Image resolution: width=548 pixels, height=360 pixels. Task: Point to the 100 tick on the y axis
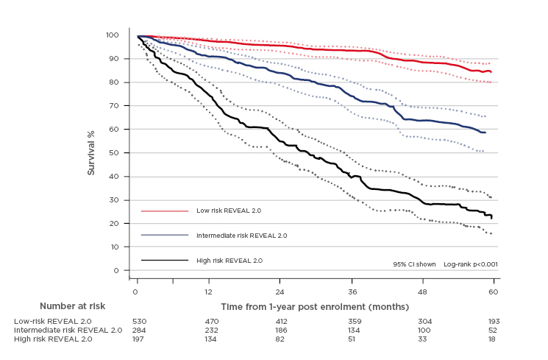click(113, 35)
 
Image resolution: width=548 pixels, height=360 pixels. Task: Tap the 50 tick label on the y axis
click(115, 152)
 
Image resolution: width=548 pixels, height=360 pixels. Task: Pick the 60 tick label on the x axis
click(494, 292)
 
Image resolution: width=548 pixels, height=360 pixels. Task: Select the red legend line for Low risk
click(165, 211)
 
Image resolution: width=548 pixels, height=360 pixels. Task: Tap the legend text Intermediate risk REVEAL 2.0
click(241, 236)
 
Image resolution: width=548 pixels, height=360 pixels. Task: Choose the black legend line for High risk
click(165, 260)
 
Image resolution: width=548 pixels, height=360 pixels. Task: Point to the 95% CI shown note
click(414, 263)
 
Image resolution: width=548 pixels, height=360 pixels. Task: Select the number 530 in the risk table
click(139, 322)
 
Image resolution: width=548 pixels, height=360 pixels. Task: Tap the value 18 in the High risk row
click(494, 339)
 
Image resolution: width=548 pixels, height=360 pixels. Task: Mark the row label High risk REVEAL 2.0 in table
click(53, 339)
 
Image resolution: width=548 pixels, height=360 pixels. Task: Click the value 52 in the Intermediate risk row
click(494, 331)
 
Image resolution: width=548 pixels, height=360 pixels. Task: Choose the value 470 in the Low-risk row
click(210, 322)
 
